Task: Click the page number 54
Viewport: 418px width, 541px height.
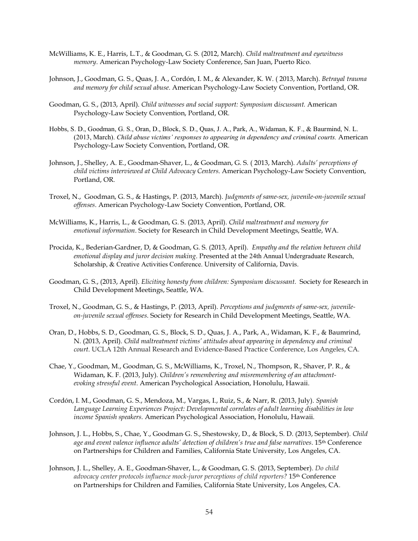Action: coord(209,512)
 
